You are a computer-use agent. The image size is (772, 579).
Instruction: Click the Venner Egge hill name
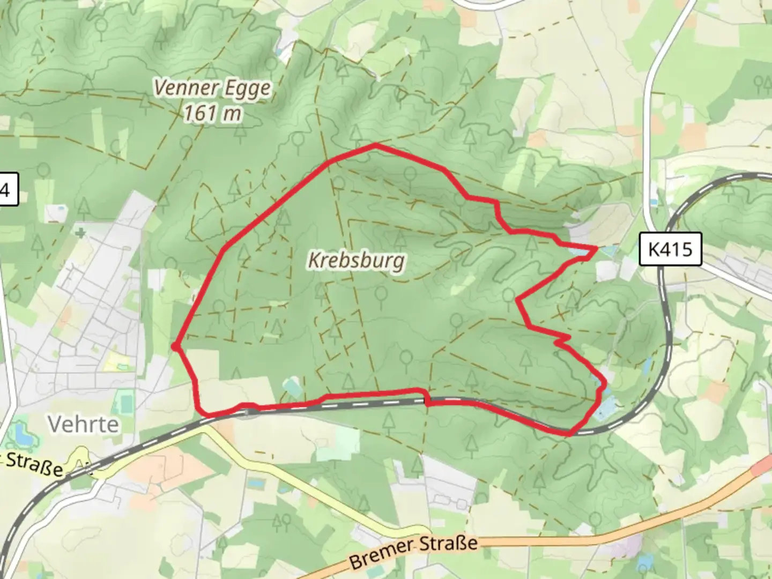(x=212, y=87)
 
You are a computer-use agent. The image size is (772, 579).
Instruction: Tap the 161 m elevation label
(x=212, y=113)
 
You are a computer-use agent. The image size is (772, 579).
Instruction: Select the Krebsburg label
(x=357, y=261)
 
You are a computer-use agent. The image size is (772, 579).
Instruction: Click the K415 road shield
(x=670, y=249)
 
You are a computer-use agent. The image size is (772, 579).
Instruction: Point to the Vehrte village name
(x=83, y=424)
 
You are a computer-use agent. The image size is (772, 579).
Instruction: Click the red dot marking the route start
(x=175, y=347)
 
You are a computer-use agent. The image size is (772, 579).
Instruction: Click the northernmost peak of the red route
(x=375, y=145)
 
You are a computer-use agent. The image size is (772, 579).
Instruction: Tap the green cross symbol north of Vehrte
(x=80, y=233)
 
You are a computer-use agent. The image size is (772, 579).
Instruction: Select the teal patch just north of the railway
(x=293, y=387)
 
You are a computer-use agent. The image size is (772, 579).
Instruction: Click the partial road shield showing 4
(x=8, y=189)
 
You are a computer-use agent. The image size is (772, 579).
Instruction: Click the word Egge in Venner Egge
(x=247, y=88)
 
